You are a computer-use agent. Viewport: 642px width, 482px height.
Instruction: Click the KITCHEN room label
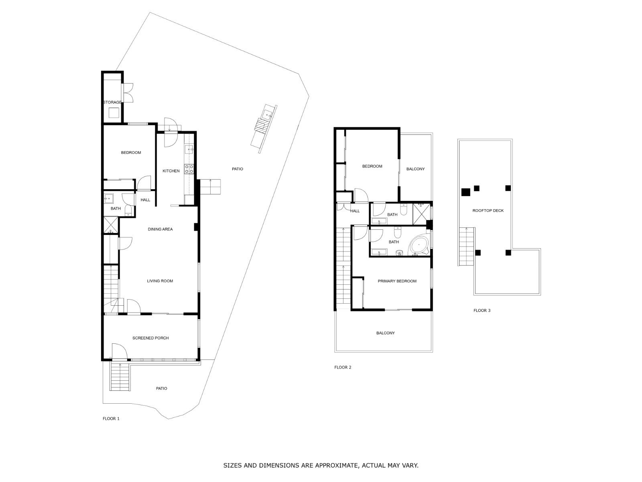tap(171, 171)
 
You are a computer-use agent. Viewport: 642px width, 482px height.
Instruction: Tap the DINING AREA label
tap(160, 229)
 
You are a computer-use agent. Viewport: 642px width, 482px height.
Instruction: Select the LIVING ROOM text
tap(160, 281)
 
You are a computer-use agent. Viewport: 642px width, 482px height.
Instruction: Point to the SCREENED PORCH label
tap(150, 338)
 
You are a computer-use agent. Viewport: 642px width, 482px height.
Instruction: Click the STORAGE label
tap(112, 102)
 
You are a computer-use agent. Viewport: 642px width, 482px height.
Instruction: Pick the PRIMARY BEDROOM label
tap(397, 281)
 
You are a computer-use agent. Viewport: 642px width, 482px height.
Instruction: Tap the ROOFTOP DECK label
tap(488, 210)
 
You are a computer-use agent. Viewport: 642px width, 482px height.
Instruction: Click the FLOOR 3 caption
tap(482, 310)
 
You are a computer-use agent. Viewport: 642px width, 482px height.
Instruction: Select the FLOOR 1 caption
tap(111, 419)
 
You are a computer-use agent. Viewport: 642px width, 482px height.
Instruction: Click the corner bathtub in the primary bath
tap(419, 245)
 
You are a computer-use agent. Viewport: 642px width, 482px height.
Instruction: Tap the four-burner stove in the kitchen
tap(189, 169)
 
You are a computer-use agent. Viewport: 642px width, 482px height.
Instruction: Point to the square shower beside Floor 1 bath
tap(111, 225)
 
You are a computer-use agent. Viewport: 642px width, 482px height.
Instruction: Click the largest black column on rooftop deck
tap(465, 192)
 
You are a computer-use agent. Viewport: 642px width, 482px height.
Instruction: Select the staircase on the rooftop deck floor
tap(466, 247)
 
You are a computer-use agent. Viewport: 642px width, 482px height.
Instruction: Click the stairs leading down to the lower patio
tap(120, 377)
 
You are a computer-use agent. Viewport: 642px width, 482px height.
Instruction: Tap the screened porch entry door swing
tap(120, 351)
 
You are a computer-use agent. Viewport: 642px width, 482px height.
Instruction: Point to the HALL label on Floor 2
tap(355, 211)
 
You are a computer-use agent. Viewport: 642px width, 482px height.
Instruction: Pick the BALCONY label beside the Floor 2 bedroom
tap(416, 169)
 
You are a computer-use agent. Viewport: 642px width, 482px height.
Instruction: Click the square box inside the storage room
tap(114, 113)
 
